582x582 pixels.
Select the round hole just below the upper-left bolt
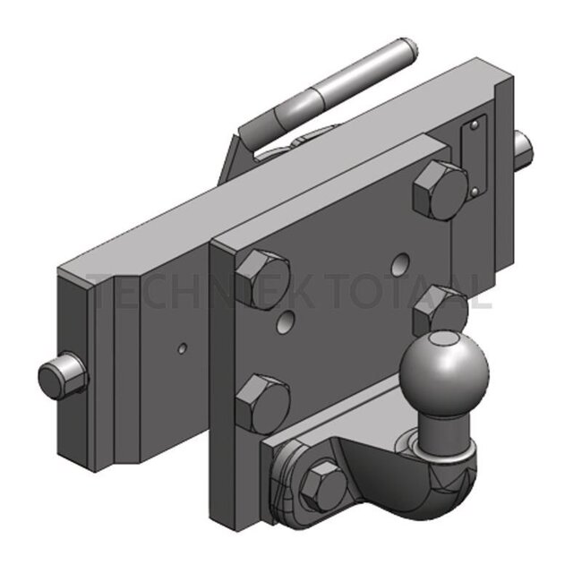tap(287, 320)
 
